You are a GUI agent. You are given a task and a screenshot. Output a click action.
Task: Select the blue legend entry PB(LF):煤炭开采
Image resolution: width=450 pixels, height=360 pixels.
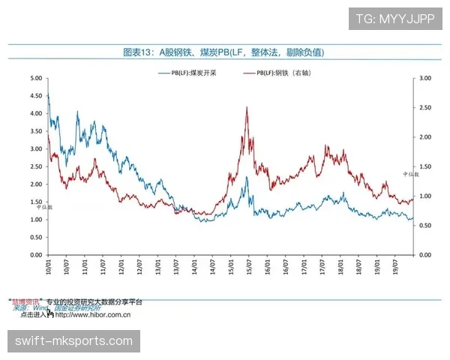(188, 73)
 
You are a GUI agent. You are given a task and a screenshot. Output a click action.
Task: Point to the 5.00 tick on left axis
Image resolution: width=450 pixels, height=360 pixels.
(35, 78)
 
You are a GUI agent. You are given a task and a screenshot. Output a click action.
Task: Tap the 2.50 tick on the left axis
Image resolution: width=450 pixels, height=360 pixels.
(35, 166)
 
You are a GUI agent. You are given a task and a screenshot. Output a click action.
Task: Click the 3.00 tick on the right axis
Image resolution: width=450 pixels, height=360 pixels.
(425, 78)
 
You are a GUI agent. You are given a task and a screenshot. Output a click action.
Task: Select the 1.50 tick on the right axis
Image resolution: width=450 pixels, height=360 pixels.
(425, 166)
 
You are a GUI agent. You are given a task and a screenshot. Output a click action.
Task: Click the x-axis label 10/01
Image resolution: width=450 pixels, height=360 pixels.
(48, 265)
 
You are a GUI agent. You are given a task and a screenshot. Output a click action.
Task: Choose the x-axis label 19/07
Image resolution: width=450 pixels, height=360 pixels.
(396, 265)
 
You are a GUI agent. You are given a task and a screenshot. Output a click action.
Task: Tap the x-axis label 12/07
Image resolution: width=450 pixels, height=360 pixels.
(139, 265)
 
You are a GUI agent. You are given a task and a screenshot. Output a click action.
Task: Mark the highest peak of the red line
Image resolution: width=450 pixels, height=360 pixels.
(247, 107)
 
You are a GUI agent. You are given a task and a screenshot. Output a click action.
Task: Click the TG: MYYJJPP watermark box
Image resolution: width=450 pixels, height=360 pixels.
(395, 19)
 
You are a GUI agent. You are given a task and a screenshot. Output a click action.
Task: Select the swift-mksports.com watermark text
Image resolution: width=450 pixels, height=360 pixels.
(74, 341)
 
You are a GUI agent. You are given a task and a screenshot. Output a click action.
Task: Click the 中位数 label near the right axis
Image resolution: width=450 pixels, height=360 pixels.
(421, 175)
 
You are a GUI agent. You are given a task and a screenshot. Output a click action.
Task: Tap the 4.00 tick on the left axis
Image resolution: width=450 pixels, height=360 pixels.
(35, 113)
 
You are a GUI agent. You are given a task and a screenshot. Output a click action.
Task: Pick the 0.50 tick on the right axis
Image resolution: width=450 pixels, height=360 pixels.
(425, 226)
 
